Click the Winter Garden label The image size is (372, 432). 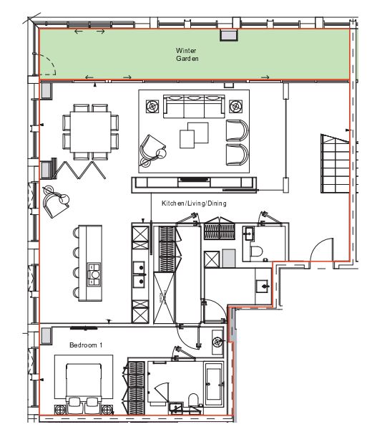(x=187, y=54)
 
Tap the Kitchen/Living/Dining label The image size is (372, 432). (x=194, y=203)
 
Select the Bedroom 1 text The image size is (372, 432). (x=86, y=345)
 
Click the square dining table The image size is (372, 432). (x=91, y=132)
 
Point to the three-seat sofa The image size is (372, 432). (x=194, y=106)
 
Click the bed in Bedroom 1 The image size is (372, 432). (x=84, y=383)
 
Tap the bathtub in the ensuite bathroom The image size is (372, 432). (x=213, y=384)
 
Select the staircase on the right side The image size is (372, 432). (x=335, y=163)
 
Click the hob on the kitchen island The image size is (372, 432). (x=94, y=274)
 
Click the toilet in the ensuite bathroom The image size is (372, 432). (x=193, y=400)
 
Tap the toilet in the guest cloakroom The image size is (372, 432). (x=256, y=252)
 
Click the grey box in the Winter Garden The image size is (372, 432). (x=229, y=35)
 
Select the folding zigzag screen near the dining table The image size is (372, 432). (x=79, y=170)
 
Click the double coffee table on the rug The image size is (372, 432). (x=194, y=135)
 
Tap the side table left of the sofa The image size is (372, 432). (x=152, y=106)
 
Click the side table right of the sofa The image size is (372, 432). (x=236, y=106)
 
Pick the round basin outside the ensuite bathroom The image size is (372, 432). (x=217, y=342)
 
